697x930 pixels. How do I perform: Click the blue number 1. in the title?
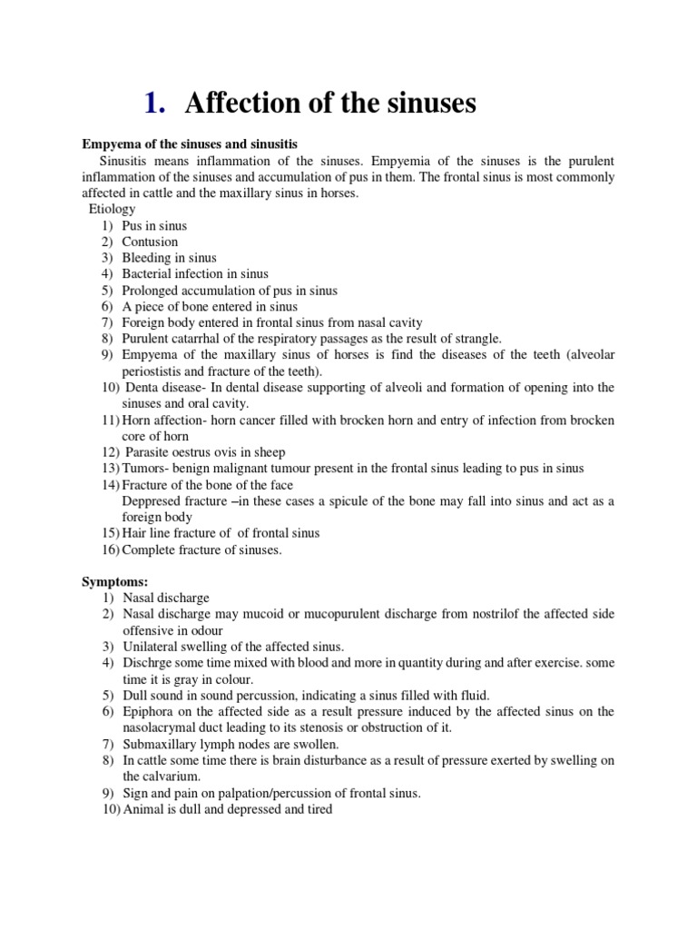click(x=155, y=104)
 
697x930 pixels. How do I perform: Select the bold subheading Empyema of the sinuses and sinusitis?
click(x=191, y=144)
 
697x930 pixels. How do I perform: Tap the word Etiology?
click(x=112, y=209)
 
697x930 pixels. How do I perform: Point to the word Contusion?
click(x=150, y=242)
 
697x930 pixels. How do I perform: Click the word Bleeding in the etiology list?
click(x=147, y=258)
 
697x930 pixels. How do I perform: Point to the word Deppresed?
click(x=154, y=500)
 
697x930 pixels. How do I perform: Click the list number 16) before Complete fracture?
click(x=109, y=549)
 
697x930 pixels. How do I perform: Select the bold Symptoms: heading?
click(x=114, y=581)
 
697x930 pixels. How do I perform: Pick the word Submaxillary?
click(x=162, y=744)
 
